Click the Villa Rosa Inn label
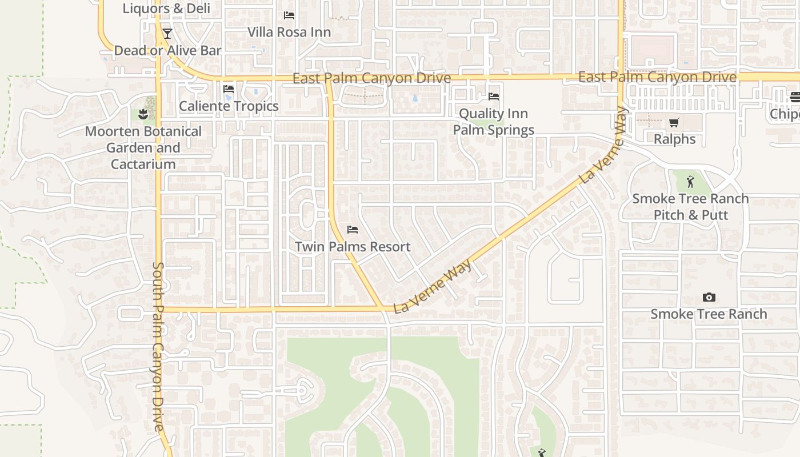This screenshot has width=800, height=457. point(289,32)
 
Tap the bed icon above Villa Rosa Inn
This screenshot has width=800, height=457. point(289,15)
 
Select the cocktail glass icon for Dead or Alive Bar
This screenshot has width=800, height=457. point(167,34)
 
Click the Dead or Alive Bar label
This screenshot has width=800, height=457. point(167,50)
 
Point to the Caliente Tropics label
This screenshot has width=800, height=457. point(229,106)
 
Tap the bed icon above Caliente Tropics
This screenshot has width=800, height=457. point(229,89)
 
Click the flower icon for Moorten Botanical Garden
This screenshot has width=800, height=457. point(143,114)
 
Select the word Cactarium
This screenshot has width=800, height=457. point(143,165)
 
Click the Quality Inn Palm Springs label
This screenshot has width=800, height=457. point(494,122)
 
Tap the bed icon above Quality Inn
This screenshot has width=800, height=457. point(494,97)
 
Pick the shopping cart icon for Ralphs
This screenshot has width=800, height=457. point(674,122)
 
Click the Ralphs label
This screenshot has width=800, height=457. point(674,139)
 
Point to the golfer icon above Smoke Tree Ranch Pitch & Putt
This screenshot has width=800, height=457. point(690,182)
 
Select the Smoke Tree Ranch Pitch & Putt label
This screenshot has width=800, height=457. point(690,207)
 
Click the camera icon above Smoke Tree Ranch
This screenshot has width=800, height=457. point(709,297)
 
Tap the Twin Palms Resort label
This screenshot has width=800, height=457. point(353,247)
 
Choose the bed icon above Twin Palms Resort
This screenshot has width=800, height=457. point(353,230)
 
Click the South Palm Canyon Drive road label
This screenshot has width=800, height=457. point(158,346)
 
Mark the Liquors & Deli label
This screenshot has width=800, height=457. point(166,9)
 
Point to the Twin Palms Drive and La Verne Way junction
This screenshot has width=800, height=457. point(381,309)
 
